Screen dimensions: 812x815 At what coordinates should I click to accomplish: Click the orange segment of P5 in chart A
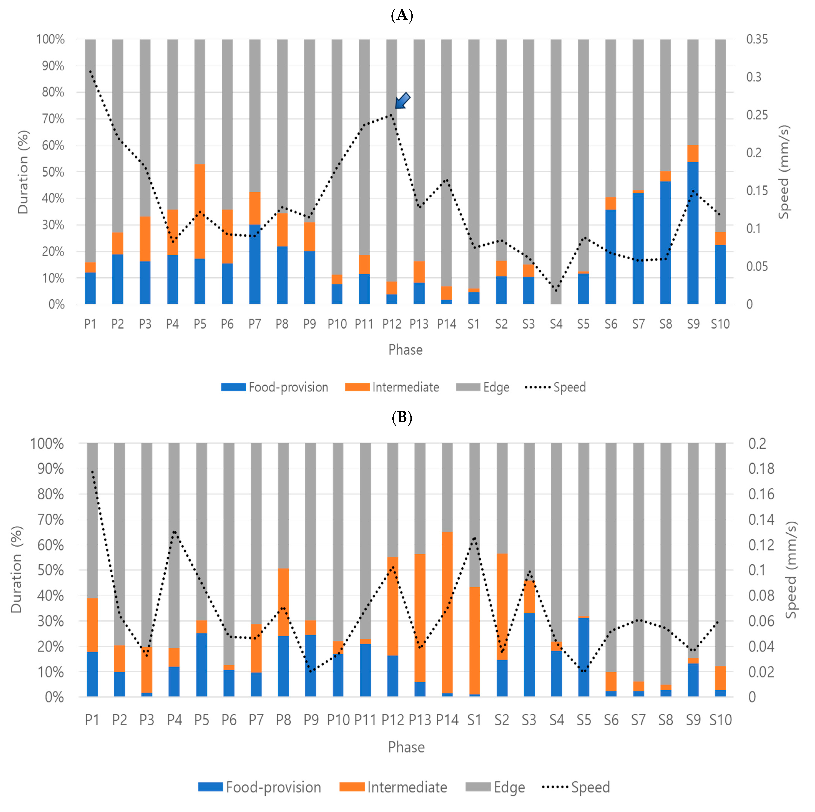200,211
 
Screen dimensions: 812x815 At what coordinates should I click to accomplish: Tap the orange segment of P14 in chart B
447,612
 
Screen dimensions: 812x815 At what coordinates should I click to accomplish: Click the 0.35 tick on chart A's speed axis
757,39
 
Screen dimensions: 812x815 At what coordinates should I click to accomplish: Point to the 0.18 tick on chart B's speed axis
761,469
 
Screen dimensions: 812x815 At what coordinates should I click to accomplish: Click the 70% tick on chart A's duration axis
53,119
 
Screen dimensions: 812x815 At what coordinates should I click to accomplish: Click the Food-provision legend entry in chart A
275,387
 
